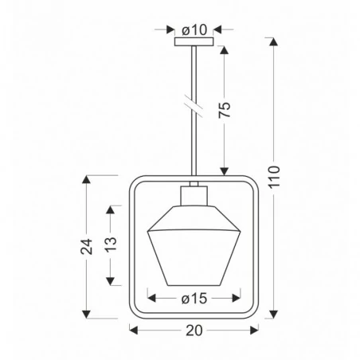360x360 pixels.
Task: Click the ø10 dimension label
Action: click(194, 29)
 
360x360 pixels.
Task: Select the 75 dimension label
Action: click(227, 108)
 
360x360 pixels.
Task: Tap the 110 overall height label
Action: click(275, 181)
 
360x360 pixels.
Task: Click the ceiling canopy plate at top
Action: click(194, 43)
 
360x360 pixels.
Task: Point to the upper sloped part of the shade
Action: click(194, 218)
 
